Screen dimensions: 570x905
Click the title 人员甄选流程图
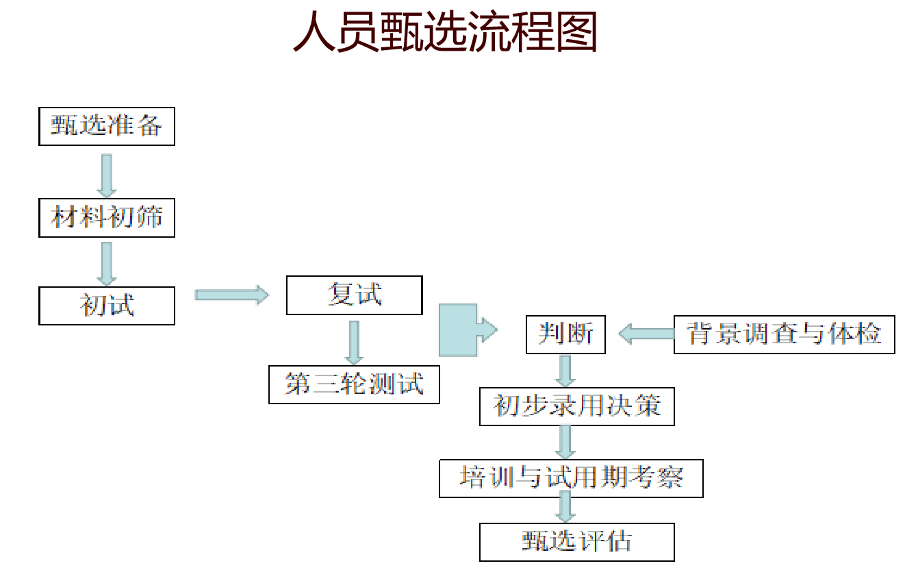(x=445, y=32)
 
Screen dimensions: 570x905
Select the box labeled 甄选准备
(x=107, y=126)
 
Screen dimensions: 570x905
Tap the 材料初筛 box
(x=107, y=218)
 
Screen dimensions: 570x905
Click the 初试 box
(x=107, y=306)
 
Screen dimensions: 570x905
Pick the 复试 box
(x=354, y=295)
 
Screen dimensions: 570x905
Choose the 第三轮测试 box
(x=354, y=384)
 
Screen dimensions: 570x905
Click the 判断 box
(x=565, y=334)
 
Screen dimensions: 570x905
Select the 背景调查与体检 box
(x=784, y=334)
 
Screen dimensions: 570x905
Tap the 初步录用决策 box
(x=577, y=406)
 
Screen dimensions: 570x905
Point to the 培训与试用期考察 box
(x=571, y=478)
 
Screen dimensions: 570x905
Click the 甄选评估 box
(x=577, y=542)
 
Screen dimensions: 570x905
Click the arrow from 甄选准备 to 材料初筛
(x=106, y=175)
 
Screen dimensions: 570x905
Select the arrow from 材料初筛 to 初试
(x=106, y=263)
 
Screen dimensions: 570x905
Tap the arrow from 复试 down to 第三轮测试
(x=354, y=342)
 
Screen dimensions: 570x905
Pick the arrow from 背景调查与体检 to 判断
(x=646, y=334)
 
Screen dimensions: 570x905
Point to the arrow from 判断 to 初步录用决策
(x=565, y=370)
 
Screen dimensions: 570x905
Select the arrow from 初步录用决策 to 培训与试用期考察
(x=565, y=441)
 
